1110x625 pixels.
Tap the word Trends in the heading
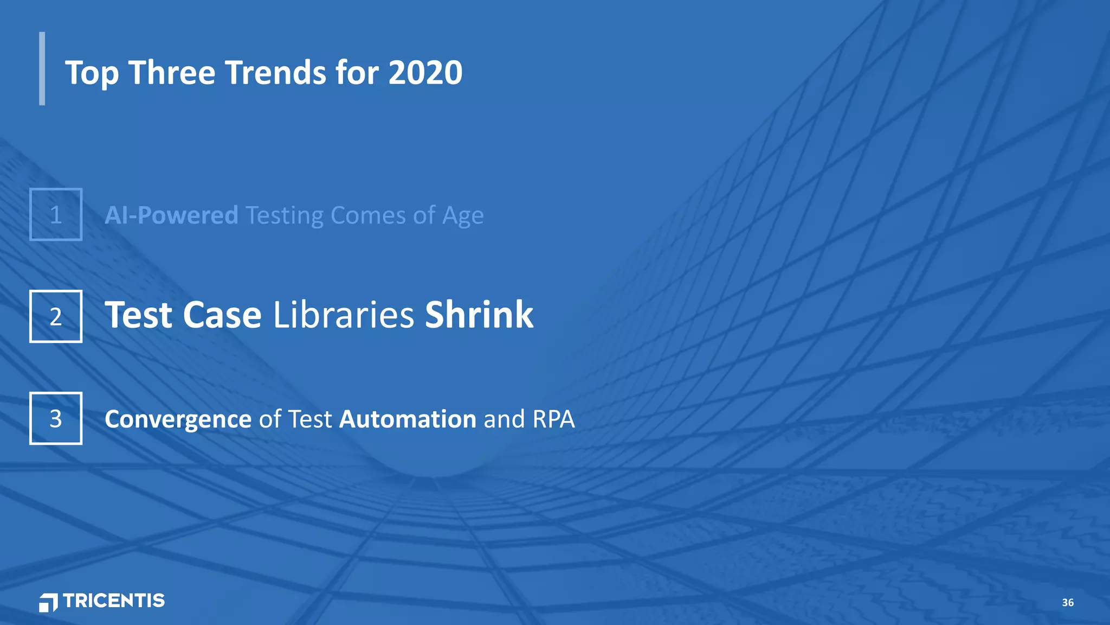[x=275, y=73]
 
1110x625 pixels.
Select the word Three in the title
[x=172, y=73]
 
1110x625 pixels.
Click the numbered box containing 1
[x=56, y=214]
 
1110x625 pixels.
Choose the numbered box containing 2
[x=56, y=316]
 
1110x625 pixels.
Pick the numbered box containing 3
[x=56, y=418]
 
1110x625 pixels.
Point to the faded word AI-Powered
[x=171, y=215]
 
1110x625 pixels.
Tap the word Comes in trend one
[x=368, y=215]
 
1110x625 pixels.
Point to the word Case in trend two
[x=222, y=315]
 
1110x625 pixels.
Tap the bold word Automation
[x=408, y=419]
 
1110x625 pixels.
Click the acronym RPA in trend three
[x=553, y=419]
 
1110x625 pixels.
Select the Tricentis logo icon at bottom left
[x=48, y=602]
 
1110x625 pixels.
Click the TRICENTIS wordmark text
[x=114, y=601]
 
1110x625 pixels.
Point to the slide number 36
[x=1068, y=602]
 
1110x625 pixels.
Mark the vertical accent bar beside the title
[x=42, y=68]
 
